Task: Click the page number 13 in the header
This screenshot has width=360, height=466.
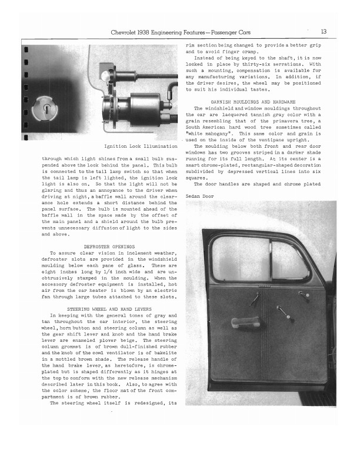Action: pos(324,31)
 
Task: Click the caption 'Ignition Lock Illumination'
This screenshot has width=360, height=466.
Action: pos(141,146)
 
